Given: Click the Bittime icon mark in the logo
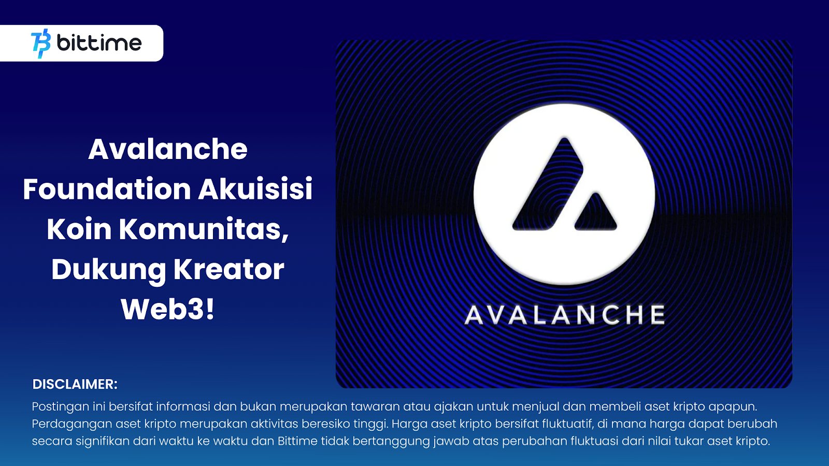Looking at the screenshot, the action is point(41,43).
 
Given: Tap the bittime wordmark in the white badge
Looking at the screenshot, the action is point(99,43).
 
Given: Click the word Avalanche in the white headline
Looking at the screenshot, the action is point(168,149).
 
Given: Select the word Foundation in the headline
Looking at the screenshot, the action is point(107,189).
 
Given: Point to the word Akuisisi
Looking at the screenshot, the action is point(255,189).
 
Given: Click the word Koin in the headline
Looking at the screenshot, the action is point(79,229).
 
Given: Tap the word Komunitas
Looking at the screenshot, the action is point(204,230).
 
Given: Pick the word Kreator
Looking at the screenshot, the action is point(228,269).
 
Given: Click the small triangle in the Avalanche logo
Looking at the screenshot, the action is point(595,214).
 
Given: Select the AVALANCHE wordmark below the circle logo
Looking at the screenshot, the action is point(564,315).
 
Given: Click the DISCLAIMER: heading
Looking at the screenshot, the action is point(75,384).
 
